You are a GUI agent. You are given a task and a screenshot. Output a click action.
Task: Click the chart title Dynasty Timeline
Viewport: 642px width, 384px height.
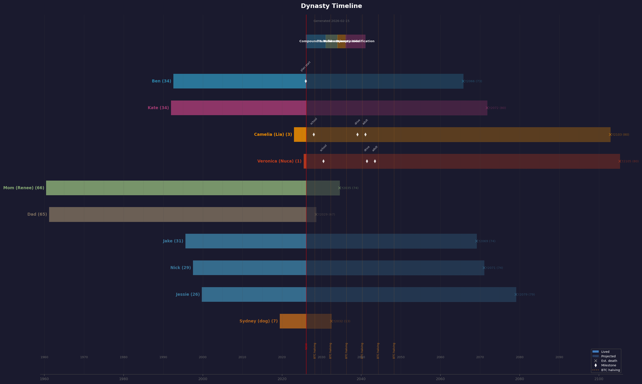331,6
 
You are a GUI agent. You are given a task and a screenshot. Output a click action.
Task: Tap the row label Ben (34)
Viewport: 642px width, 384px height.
161,81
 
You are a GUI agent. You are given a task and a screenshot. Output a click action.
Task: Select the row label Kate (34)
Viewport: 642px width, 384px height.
158,108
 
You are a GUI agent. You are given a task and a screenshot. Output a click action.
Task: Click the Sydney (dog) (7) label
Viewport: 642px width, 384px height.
258,321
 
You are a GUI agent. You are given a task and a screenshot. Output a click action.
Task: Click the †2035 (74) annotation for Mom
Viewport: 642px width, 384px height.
350,188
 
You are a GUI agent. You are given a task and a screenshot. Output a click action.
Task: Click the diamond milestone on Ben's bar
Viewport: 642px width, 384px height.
306,81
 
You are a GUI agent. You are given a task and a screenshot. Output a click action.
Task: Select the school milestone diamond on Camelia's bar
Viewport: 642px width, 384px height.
314,135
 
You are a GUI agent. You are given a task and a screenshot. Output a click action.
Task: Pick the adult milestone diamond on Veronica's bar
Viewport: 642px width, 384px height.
375,161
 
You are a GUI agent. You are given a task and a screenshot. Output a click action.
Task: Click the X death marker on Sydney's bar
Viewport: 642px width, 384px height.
331,321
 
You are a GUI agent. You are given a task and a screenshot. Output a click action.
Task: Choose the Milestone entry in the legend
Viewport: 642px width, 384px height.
608,365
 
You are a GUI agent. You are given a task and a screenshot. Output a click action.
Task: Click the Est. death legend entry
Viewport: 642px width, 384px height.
609,361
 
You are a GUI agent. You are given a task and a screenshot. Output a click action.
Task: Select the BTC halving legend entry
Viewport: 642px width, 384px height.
610,370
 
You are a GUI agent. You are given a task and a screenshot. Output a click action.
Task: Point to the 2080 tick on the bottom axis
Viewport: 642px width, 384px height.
519,379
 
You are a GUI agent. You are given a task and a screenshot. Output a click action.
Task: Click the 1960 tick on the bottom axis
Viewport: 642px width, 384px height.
44,379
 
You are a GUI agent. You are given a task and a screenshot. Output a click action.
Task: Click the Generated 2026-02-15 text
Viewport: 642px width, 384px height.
331,21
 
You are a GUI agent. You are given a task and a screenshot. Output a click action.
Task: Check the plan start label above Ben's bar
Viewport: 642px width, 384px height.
306,66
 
